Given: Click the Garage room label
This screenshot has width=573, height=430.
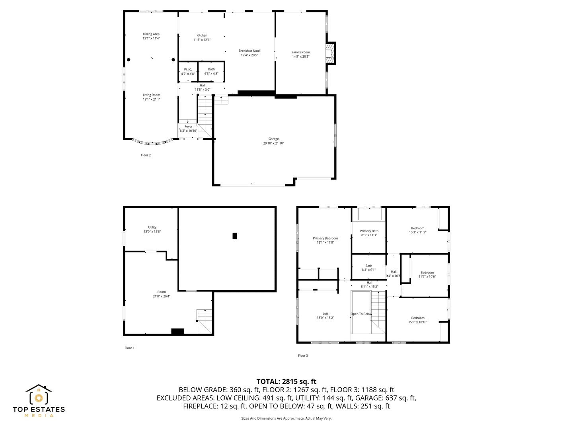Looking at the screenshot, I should pyautogui.click(x=273, y=141).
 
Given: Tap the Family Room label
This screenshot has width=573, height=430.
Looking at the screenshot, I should pyautogui.click(x=300, y=54).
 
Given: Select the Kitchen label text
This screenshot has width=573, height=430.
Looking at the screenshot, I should pyautogui.click(x=202, y=37).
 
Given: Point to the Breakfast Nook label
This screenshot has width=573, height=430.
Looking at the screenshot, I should pyautogui.click(x=249, y=53).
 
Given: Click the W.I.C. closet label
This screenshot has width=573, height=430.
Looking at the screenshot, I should pyautogui.click(x=188, y=72).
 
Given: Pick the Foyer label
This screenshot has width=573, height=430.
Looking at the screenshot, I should pyautogui.click(x=188, y=129).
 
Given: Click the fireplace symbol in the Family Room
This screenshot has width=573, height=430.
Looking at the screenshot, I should pyautogui.click(x=330, y=53).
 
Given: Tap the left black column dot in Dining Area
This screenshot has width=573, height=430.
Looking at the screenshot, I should pyautogui.click(x=129, y=60).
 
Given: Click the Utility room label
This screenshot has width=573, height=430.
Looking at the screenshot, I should pyautogui.click(x=152, y=229).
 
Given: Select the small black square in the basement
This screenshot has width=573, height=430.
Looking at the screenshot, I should pyautogui.click(x=235, y=236).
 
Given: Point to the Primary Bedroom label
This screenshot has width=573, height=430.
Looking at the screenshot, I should pyautogui.click(x=325, y=240).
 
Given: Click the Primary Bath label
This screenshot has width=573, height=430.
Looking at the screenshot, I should pyautogui.click(x=369, y=233).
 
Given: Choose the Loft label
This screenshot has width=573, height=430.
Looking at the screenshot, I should pyautogui.click(x=325, y=315).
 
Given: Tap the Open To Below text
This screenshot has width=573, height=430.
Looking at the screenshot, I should pyautogui.click(x=361, y=314).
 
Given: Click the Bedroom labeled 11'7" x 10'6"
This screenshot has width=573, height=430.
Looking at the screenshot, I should pyautogui.click(x=427, y=274).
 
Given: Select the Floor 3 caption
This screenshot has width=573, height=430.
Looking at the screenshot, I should pyautogui.click(x=303, y=356).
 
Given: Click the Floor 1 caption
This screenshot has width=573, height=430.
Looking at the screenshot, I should pyautogui.click(x=129, y=348).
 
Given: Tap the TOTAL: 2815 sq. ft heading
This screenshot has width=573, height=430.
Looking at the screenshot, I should pyautogui.click(x=286, y=381).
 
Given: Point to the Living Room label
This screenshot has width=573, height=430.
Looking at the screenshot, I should pyautogui.click(x=151, y=97).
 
